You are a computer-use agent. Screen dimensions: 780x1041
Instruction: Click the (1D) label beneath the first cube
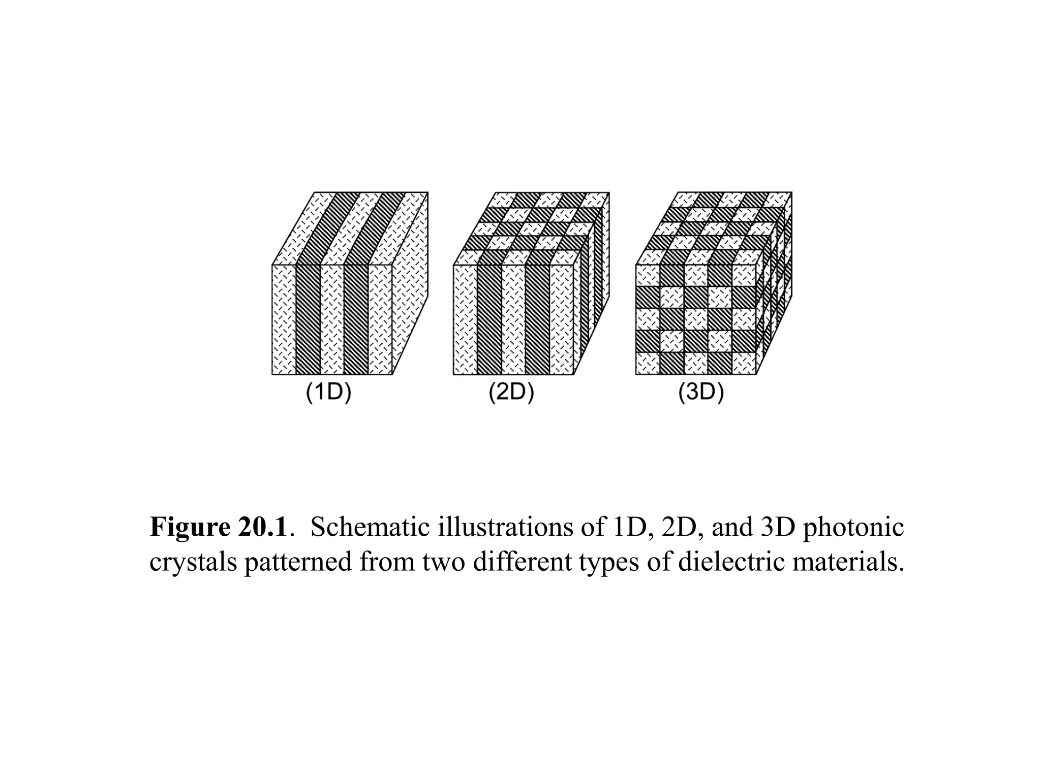tap(328, 394)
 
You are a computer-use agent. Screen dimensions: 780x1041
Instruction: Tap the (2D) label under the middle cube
tap(511, 394)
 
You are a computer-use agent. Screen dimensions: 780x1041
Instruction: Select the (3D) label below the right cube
tap(701, 394)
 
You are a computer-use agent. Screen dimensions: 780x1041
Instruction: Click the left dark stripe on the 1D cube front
tap(308, 320)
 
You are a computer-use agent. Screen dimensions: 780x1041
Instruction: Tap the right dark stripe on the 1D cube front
tap(356, 320)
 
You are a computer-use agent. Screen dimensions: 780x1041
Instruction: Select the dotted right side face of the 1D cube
tap(410, 284)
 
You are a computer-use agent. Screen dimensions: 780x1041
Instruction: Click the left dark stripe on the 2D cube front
tap(489, 320)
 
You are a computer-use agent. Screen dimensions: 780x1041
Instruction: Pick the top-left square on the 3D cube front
tap(648, 276)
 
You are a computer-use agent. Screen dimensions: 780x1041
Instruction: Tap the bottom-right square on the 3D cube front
tap(744, 364)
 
